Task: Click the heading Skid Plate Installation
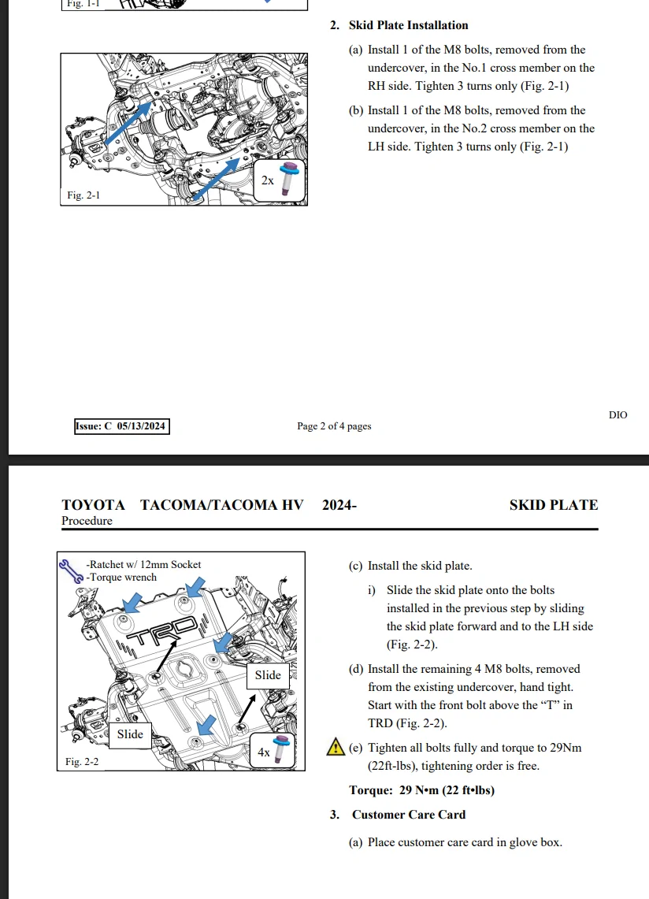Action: pos(408,25)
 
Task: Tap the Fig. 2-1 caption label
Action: pos(84,195)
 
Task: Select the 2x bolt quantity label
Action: pos(268,180)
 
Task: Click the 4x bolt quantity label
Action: pos(265,752)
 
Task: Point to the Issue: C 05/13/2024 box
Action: pos(122,426)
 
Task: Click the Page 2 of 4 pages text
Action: pos(334,426)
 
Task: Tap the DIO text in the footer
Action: pos(618,414)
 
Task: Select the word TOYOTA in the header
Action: pos(93,505)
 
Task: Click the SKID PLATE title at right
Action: pos(553,505)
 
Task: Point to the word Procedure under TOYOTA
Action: pos(87,521)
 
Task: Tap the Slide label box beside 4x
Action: pos(268,674)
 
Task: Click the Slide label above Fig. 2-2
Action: pos(130,734)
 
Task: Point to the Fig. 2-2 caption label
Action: pos(82,761)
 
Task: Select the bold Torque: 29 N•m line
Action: pos(421,790)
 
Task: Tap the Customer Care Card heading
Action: pos(408,815)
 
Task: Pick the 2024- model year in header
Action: pos(339,505)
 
